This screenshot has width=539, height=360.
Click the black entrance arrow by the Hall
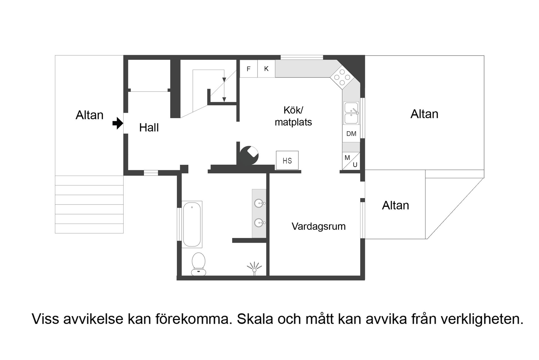pyautogui.click(x=118, y=123)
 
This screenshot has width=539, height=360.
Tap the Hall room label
pyautogui.click(x=149, y=128)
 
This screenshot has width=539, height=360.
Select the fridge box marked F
pyautogui.click(x=248, y=69)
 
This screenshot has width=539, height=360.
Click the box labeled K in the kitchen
pyautogui.click(x=266, y=68)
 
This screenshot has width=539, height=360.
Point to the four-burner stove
pyautogui.click(x=342, y=77)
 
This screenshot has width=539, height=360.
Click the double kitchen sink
pyautogui.click(x=351, y=113)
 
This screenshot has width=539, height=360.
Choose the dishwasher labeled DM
pyautogui.click(x=351, y=134)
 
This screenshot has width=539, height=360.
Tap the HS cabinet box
pyautogui.click(x=287, y=161)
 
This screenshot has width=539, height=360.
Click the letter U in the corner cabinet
pyautogui.click(x=355, y=165)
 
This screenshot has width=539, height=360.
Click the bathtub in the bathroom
pyautogui.click(x=192, y=224)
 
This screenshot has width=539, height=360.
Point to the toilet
pyautogui.click(x=198, y=264)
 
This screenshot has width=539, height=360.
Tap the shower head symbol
pyautogui.click(x=254, y=268)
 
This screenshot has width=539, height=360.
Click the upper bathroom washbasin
pyautogui.click(x=259, y=203)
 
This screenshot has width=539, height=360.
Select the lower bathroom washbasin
pyautogui.click(x=259, y=223)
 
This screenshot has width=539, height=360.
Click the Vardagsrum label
pyautogui.click(x=318, y=226)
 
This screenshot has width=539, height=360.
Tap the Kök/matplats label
pyautogui.click(x=293, y=116)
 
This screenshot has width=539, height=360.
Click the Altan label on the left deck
pyautogui.click(x=90, y=115)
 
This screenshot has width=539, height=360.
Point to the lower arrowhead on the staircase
pyautogui.click(x=224, y=99)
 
